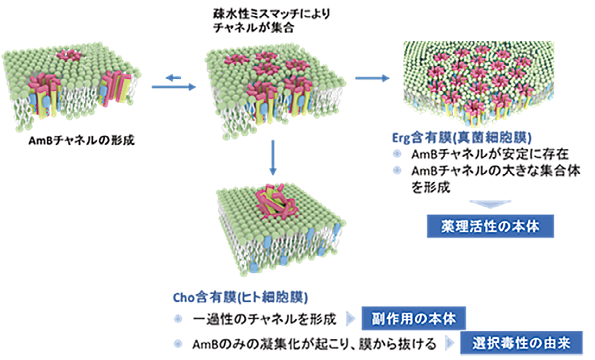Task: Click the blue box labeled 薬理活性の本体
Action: click(490, 226)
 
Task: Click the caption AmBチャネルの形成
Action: click(83, 142)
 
